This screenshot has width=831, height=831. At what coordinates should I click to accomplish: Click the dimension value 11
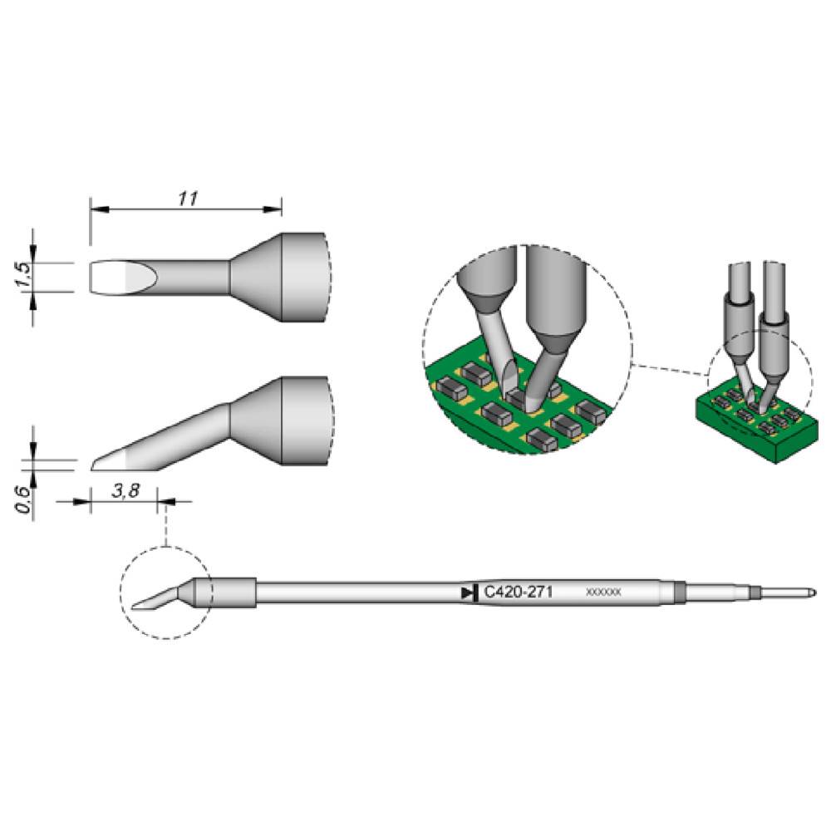tap(186, 198)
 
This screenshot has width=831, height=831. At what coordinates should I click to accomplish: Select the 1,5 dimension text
tap(25, 273)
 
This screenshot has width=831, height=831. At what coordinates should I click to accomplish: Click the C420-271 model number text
tap(519, 593)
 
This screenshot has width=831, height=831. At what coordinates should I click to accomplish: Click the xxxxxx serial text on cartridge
tap(603, 593)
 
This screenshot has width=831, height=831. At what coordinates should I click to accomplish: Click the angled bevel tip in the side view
tap(112, 459)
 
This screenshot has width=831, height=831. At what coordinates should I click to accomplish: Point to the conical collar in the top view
tap(256, 278)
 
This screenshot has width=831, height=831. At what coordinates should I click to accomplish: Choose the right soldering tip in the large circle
tap(553, 349)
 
